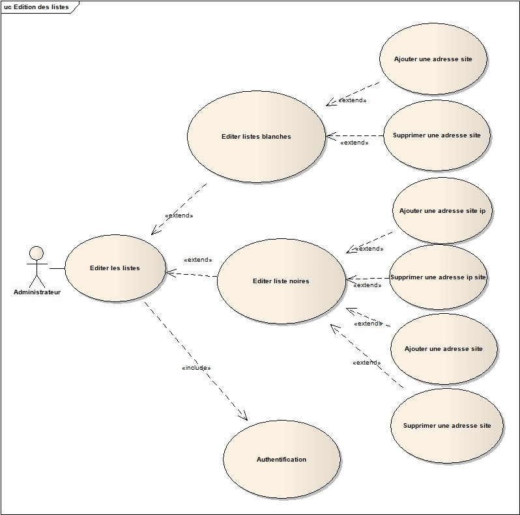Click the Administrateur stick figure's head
tap(37, 253)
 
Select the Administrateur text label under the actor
tap(37, 292)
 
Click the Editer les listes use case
tap(115, 268)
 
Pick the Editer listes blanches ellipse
tap(256, 137)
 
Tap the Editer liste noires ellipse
tap(281, 281)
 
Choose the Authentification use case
tap(282, 459)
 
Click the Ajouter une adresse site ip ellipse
tap(442, 212)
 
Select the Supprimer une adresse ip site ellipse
tap(438, 277)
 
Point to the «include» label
tap(196, 368)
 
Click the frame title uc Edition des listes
tap(36, 7)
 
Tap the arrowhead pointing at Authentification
tap(244, 416)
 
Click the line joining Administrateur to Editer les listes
tap(57, 268)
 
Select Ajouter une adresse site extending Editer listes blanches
tap(433, 59)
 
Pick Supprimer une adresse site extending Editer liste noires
tap(447, 425)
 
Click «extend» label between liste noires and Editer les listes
tap(198, 260)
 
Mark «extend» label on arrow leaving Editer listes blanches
tap(179, 215)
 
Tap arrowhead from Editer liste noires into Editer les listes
tap(171, 273)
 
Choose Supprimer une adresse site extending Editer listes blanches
tap(437, 135)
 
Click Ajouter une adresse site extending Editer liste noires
tap(444, 348)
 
